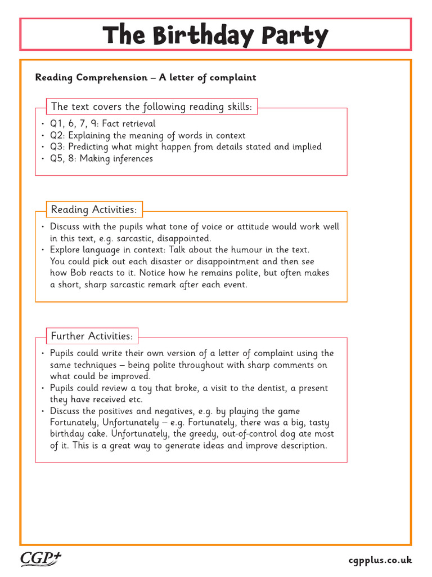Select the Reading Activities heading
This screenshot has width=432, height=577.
(x=93, y=210)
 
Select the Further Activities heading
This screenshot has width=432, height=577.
(x=92, y=336)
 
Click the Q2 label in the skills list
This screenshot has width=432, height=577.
(x=57, y=135)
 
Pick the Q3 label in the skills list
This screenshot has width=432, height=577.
(x=57, y=147)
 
